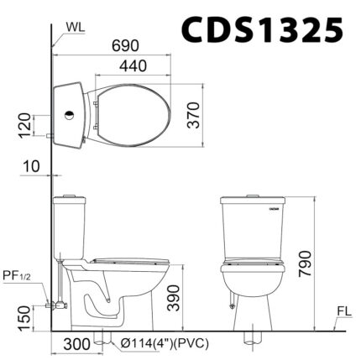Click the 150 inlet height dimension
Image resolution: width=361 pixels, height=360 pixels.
(x=24, y=316)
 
